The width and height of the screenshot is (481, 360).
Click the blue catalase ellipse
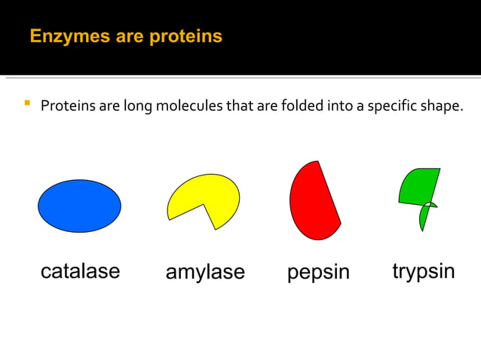point(79,206)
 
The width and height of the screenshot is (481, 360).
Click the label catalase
point(80,271)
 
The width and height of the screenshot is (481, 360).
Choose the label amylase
point(205,272)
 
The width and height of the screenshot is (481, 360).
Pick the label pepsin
point(318,272)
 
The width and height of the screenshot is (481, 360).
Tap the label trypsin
point(423,271)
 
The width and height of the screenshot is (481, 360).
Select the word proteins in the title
point(186,36)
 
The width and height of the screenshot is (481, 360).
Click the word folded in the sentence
point(302,106)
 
